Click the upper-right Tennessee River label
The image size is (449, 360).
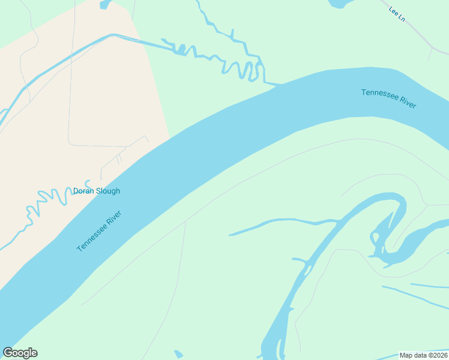[x=388, y=98]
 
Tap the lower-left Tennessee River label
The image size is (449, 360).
[x=99, y=231]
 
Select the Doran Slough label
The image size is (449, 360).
[x=97, y=191]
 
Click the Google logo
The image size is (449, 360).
[x=20, y=353]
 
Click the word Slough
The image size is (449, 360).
[x=108, y=191]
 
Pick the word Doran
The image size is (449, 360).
[x=83, y=191]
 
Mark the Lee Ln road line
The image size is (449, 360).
[x=420, y=36]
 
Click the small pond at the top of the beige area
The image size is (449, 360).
[x=106, y=5]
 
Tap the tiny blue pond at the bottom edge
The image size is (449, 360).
[x=178, y=354]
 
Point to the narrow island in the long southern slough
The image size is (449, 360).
[x=308, y=269]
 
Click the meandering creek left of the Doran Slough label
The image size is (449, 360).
[x=48, y=201]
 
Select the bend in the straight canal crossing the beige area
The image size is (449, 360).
[x=112, y=35]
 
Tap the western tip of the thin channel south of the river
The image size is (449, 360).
[x=231, y=235]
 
